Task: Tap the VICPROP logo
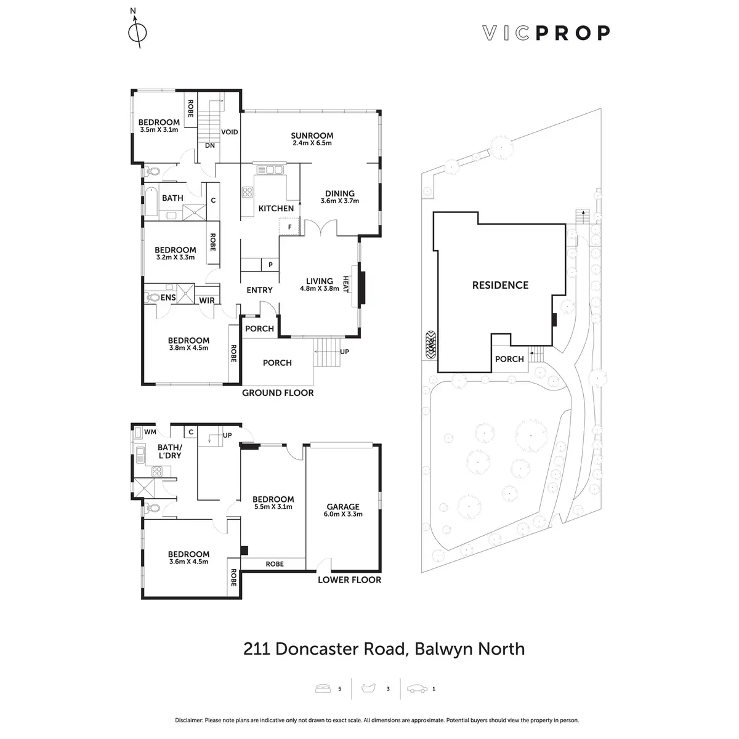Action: pyautogui.click(x=545, y=33)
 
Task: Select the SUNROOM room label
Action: pyautogui.click(x=312, y=135)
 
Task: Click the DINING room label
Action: pyautogui.click(x=340, y=193)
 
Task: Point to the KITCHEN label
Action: pyautogui.click(x=276, y=209)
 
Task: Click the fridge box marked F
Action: pyautogui.click(x=289, y=227)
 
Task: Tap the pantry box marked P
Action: pyautogui.click(x=270, y=265)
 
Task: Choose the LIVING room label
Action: pyautogui.click(x=319, y=281)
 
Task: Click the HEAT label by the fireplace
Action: pyautogui.click(x=345, y=285)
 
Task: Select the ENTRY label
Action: pyautogui.click(x=259, y=290)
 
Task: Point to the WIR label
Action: pyautogui.click(x=206, y=300)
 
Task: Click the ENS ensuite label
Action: pyautogui.click(x=168, y=298)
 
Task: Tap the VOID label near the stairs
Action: pyautogui.click(x=230, y=132)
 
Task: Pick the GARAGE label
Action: pyautogui.click(x=343, y=507)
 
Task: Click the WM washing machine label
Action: pyautogui.click(x=150, y=432)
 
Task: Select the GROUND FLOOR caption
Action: pyautogui.click(x=278, y=393)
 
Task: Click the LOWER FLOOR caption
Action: pyautogui.click(x=349, y=579)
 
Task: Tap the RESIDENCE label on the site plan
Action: pyautogui.click(x=500, y=285)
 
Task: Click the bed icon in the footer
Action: pyautogui.click(x=324, y=689)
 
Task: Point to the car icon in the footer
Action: pyautogui.click(x=417, y=689)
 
